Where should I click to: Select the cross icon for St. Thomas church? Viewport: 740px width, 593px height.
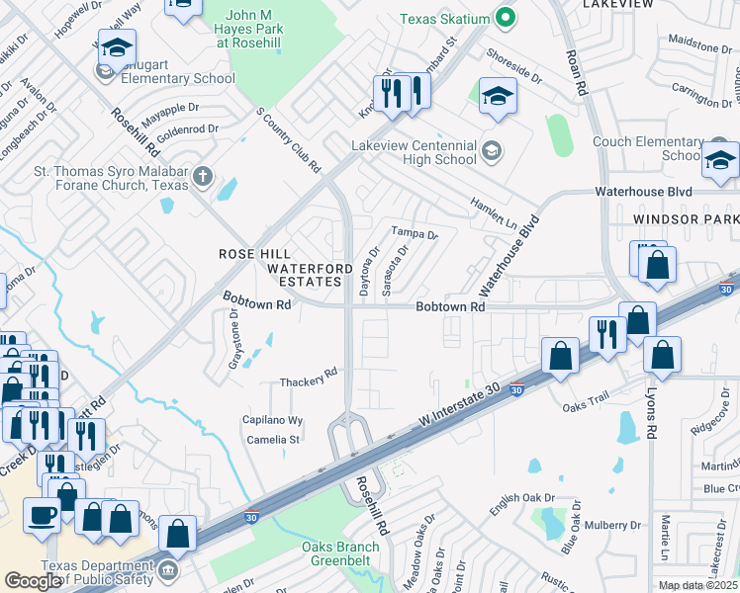203,178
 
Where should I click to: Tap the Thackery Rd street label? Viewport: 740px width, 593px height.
309,381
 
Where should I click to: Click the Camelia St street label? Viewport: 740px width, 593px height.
272,439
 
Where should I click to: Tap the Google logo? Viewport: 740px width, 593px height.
34,581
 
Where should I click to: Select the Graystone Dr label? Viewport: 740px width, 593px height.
234,338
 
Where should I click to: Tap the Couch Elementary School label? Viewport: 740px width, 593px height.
648,148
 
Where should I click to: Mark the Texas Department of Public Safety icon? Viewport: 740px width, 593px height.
168,569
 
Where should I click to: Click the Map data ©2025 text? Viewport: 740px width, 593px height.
696,585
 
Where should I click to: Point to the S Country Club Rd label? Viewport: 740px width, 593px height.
288,141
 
